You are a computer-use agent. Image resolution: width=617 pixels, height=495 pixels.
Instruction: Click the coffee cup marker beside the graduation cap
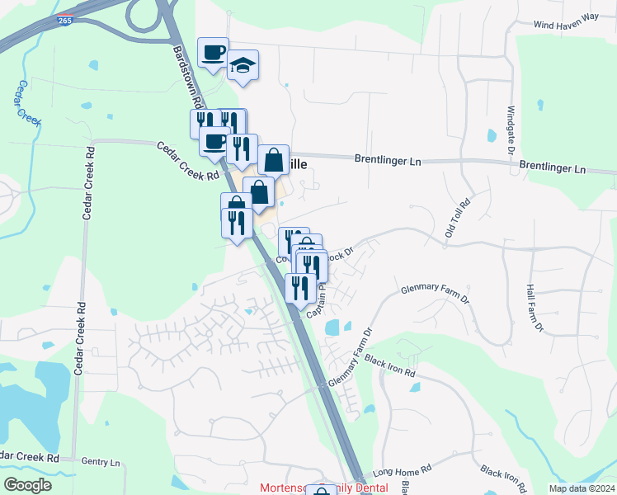coord(213,52)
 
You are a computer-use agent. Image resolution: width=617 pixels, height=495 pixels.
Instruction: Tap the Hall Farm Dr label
coord(534,309)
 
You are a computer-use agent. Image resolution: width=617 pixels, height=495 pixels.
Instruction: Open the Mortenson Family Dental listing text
coord(323,488)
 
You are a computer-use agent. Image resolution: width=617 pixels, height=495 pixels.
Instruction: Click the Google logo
coord(27,485)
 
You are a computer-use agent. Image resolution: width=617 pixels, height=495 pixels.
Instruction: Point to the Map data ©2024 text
coord(581,488)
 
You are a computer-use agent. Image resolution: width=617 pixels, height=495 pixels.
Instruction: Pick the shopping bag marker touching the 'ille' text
coord(273,159)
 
